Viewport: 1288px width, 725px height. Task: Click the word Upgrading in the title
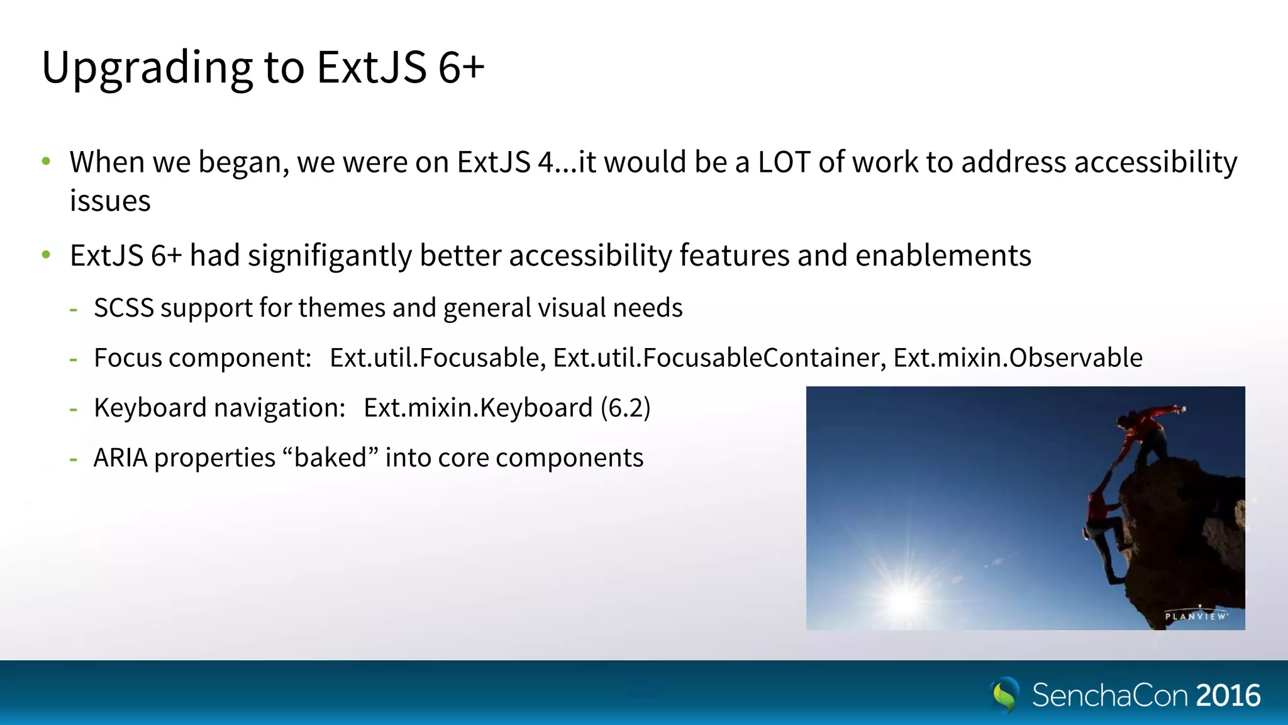(x=147, y=68)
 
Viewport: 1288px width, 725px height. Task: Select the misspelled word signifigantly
(x=330, y=256)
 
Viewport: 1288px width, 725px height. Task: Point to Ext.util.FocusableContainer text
(x=719, y=358)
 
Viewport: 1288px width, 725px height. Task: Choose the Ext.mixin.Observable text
(x=1018, y=358)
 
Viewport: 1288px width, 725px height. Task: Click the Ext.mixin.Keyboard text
(x=478, y=408)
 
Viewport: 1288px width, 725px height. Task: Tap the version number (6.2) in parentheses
(x=625, y=408)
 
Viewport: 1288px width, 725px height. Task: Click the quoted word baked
(x=331, y=458)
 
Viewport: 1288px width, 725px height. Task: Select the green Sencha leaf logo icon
(x=1005, y=695)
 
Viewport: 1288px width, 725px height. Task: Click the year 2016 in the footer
(x=1228, y=695)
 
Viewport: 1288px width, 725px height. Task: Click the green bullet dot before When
(x=46, y=162)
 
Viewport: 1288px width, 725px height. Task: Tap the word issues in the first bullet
(x=110, y=201)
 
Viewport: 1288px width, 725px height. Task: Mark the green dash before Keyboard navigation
(x=74, y=409)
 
